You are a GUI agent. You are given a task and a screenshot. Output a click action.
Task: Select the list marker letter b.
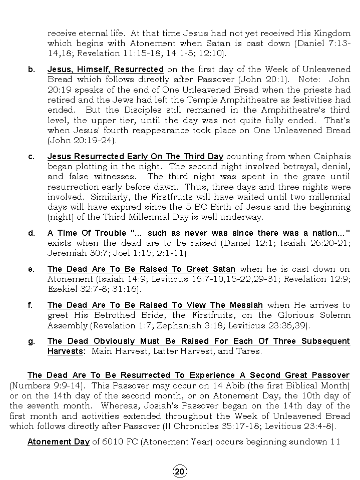[32, 69]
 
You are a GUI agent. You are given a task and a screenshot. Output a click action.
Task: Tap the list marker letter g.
[32, 341]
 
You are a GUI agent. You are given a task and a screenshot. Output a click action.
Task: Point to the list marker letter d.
[32, 233]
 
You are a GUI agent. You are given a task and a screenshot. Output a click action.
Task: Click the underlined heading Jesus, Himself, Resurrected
[105, 69]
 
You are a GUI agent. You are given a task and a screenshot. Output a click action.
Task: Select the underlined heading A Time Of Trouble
[86, 233]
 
